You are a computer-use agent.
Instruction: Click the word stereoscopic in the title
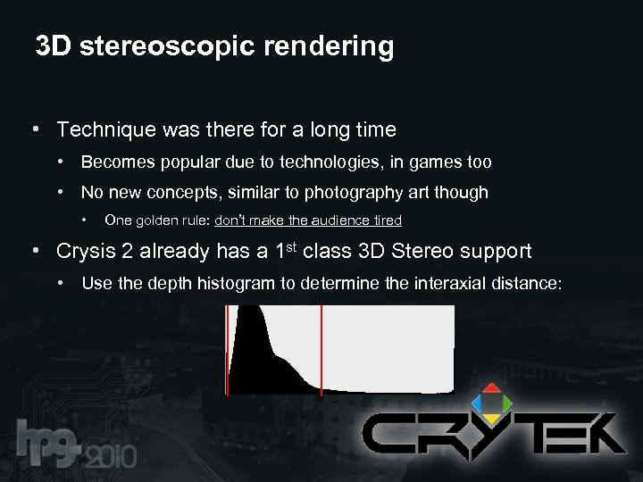170,47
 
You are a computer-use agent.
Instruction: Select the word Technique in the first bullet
106,130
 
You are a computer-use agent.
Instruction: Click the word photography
354,193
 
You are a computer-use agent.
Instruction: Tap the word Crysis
88,252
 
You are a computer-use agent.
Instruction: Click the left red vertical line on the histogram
228,349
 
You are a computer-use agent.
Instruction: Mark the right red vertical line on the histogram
321,349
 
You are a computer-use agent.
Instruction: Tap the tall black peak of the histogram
253,339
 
